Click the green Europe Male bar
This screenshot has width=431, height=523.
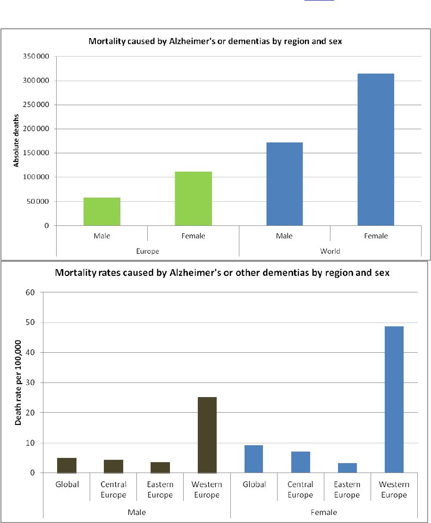click(x=102, y=212)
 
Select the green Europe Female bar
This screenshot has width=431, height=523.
click(x=194, y=199)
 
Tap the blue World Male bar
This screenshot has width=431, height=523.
click(x=285, y=184)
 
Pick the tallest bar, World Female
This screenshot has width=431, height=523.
click(x=376, y=149)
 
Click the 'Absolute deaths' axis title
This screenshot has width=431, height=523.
click(x=16, y=141)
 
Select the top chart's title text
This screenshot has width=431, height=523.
click(x=215, y=41)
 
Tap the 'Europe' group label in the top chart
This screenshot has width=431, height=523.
click(x=147, y=251)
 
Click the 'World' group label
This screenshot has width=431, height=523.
click(x=330, y=251)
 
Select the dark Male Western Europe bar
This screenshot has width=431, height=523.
click(x=207, y=435)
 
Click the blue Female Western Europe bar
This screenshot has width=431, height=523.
click(x=394, y=399)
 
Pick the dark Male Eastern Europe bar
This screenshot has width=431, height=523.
click(x=160, y=467)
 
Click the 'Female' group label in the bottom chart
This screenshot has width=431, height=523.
click(x=324, y=512)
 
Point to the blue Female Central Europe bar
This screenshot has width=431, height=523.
click(x=300, y=462)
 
